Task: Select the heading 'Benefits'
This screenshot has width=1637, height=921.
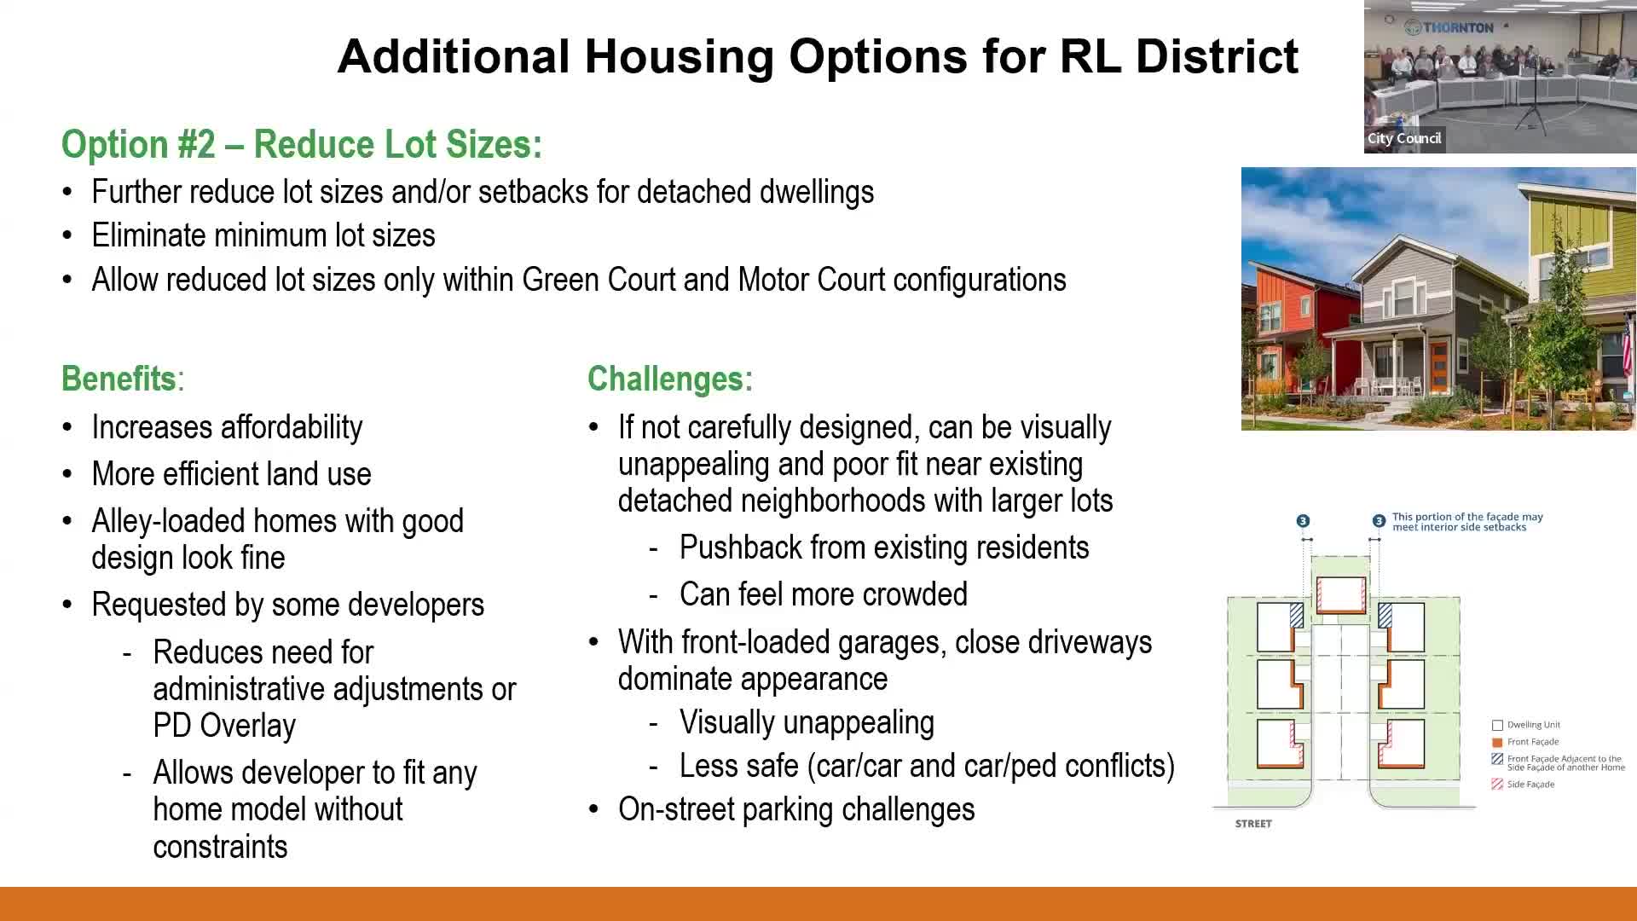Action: pyautogui.click(x=119, y=379)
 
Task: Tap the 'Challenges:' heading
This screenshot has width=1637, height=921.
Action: pyautogui.click(x=670, y=379)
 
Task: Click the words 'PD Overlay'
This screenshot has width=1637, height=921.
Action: pyautogui.click(x=224, y=725)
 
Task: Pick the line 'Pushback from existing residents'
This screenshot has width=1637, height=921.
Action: pyautogui.click(x=884, y=547)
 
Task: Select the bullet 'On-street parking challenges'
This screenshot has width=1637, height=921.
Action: pyautogui.click(x=796, y=809)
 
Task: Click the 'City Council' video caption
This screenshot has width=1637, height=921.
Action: pyautogui.click(x=1404, y=138)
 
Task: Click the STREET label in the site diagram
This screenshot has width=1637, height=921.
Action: pyautogui.click(x=1253, y=824)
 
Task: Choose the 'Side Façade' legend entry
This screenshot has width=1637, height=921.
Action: pyautogui.click(x=1524, y=785)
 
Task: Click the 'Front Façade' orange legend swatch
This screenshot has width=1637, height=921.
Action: pyautogui.click(x=1497, y=742)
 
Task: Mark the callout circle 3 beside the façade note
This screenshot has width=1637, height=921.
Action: pyautogui.click(x=1379, y=521)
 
